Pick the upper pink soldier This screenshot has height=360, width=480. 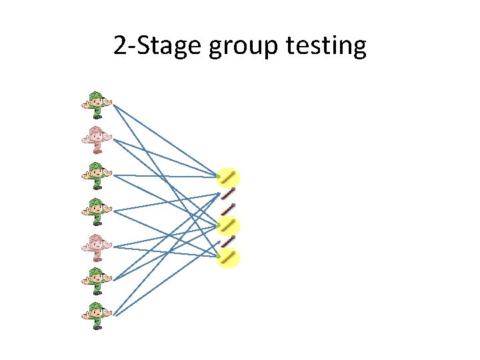[x=96, y=139]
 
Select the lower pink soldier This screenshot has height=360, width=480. [x=96, y=247]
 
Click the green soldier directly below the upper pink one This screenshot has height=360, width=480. [x=96, y=175]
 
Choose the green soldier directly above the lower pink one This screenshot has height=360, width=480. [x=96, y=211]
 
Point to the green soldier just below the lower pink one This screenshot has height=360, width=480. [x=96, y=280]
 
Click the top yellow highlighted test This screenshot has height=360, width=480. [x=229, y=177]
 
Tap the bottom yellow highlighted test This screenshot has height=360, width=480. [x=229, y=257]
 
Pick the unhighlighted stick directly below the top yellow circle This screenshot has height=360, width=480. [x=229, y=194]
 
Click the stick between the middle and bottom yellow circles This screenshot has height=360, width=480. [x=229, y=241]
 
